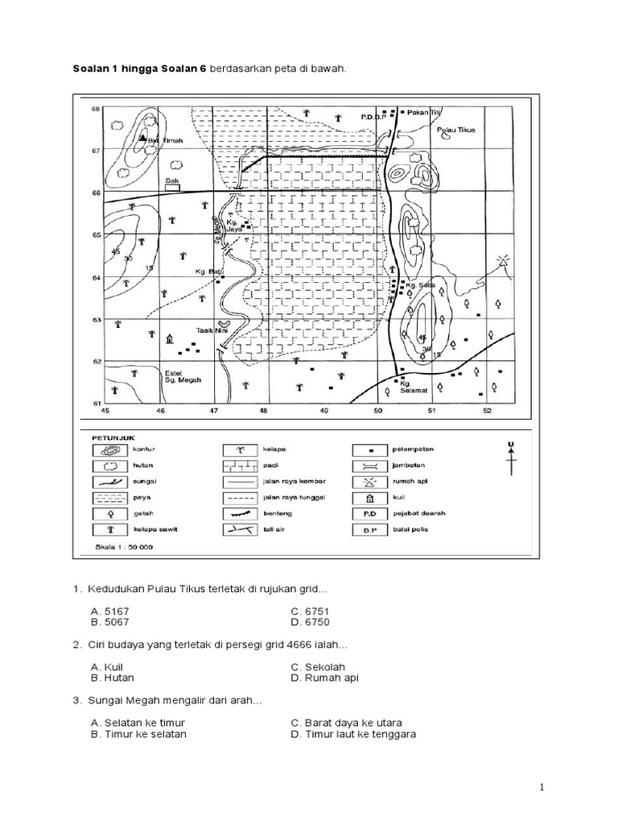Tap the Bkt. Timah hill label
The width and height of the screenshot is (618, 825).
pos(165,140)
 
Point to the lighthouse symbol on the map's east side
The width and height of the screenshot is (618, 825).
pos(503,263)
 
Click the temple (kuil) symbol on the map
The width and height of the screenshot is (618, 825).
pos(169,340)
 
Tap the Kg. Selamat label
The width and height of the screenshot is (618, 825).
pos(411,388)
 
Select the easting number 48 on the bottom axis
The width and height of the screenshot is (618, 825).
pos(263,411)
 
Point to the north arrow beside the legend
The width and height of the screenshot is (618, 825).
pos(509,462)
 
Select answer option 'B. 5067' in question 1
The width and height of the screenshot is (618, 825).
pos(112,622)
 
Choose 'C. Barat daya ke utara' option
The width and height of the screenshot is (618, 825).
pos(347,722)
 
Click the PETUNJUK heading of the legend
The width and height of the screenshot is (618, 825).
pos(109,436)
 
